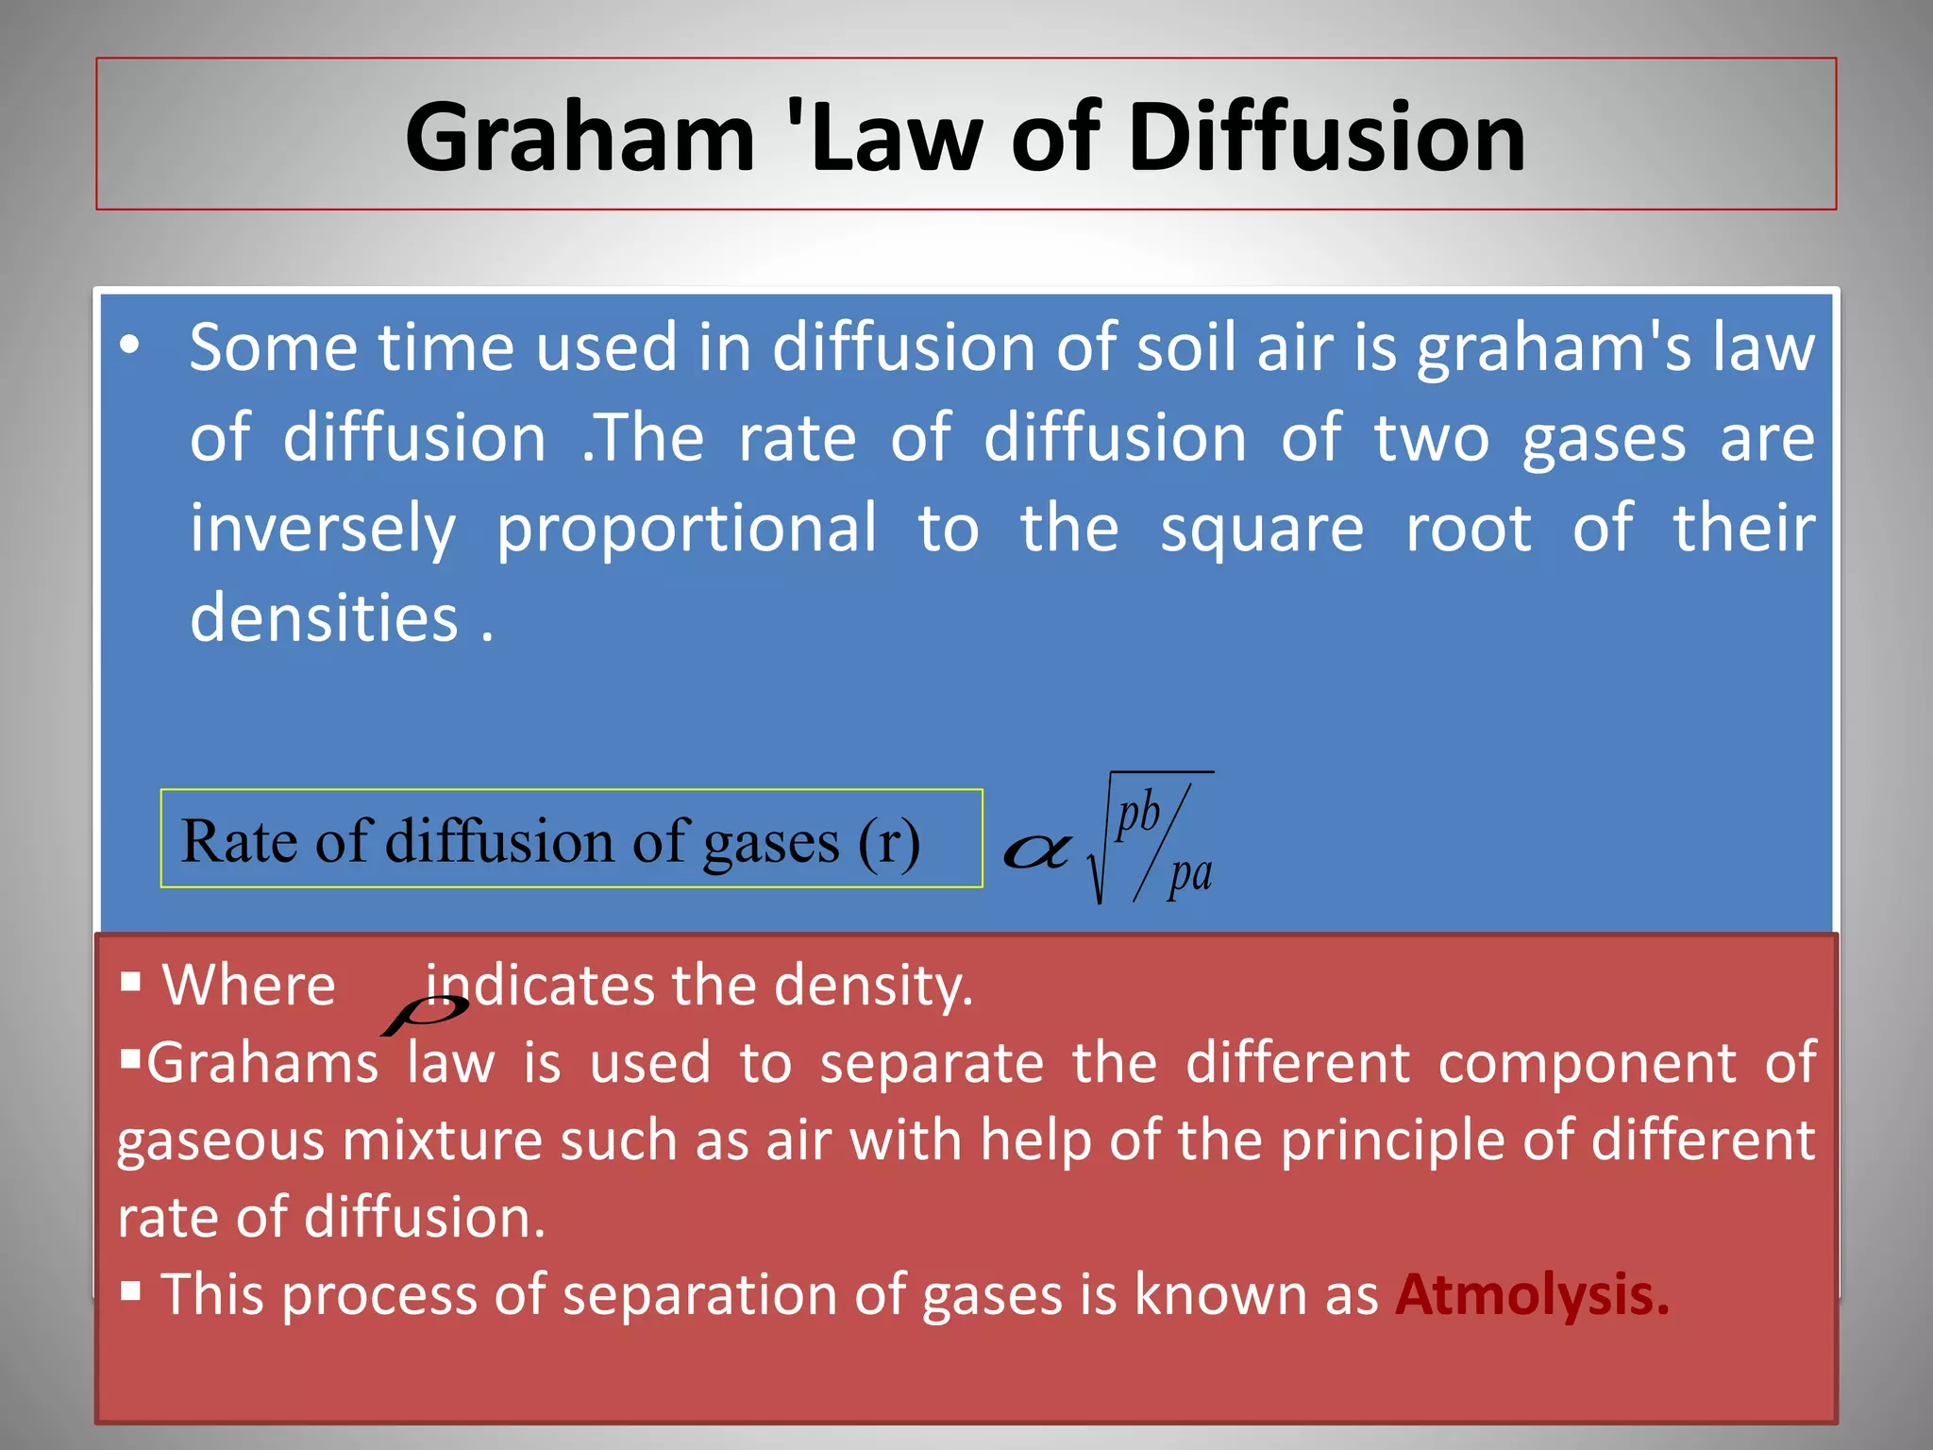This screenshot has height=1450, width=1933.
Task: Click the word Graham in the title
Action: [580, 138]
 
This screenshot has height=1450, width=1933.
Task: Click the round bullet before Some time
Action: [131, 346]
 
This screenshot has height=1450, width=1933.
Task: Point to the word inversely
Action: [323, 529]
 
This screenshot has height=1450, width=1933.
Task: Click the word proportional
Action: [686, 529]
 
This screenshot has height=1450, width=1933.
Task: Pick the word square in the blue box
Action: [1261, 529]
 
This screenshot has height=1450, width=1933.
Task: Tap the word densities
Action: [324, 618]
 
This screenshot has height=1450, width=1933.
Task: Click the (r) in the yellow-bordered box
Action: [888, 841]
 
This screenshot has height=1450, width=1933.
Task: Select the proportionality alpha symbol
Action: [1036, 851]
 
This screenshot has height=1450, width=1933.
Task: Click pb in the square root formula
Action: [1137, 814]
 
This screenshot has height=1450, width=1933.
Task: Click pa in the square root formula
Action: [1189, 874]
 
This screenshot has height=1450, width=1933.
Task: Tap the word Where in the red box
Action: [249, 986]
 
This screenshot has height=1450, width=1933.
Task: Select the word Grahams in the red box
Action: [261, 1063]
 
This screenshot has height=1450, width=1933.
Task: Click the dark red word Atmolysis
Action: [1531, 1294]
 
